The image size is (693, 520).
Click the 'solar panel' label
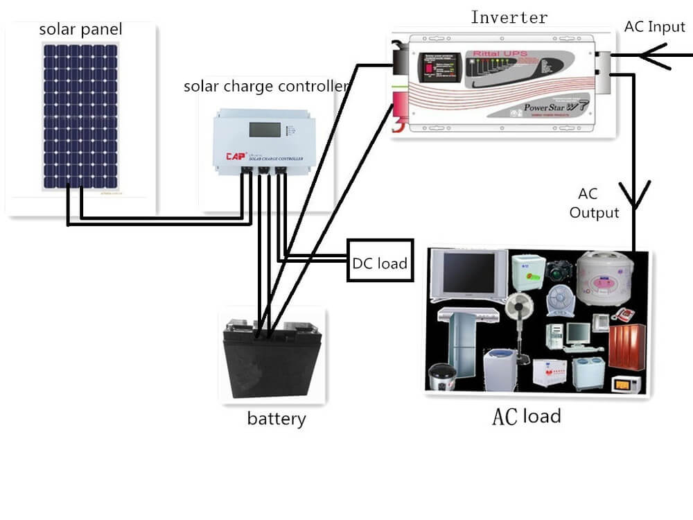(80, 30)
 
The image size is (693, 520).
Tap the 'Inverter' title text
(509, 17)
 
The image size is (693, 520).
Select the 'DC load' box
(380, 262)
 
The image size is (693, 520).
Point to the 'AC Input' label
(655, 27)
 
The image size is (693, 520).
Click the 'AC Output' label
(594, 203)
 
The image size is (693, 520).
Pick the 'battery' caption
(276, 419)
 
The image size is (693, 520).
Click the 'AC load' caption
(526, 417)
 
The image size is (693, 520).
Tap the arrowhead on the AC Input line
(651, 56)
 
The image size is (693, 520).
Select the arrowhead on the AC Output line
(635, 194)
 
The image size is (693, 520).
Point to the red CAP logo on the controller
(236, 157)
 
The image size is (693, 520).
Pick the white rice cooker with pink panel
(602, 277)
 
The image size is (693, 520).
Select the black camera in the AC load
(559, 270)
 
